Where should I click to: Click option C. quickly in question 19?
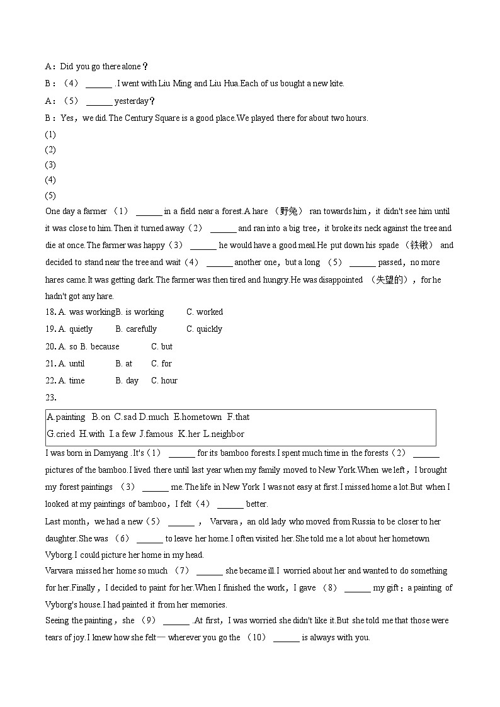(x=205, y=329)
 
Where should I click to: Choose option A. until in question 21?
(x=72, y=363)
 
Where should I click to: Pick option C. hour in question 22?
(x=164, y=380)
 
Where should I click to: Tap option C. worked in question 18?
(x=205, y=312)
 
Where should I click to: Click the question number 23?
(x=51, y=397)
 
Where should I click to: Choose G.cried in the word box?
(x=61, y=434)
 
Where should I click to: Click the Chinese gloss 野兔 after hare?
(x=292, y=212)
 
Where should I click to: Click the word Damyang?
(x=110, y=453)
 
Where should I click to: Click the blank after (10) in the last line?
(x=287, y=638)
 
